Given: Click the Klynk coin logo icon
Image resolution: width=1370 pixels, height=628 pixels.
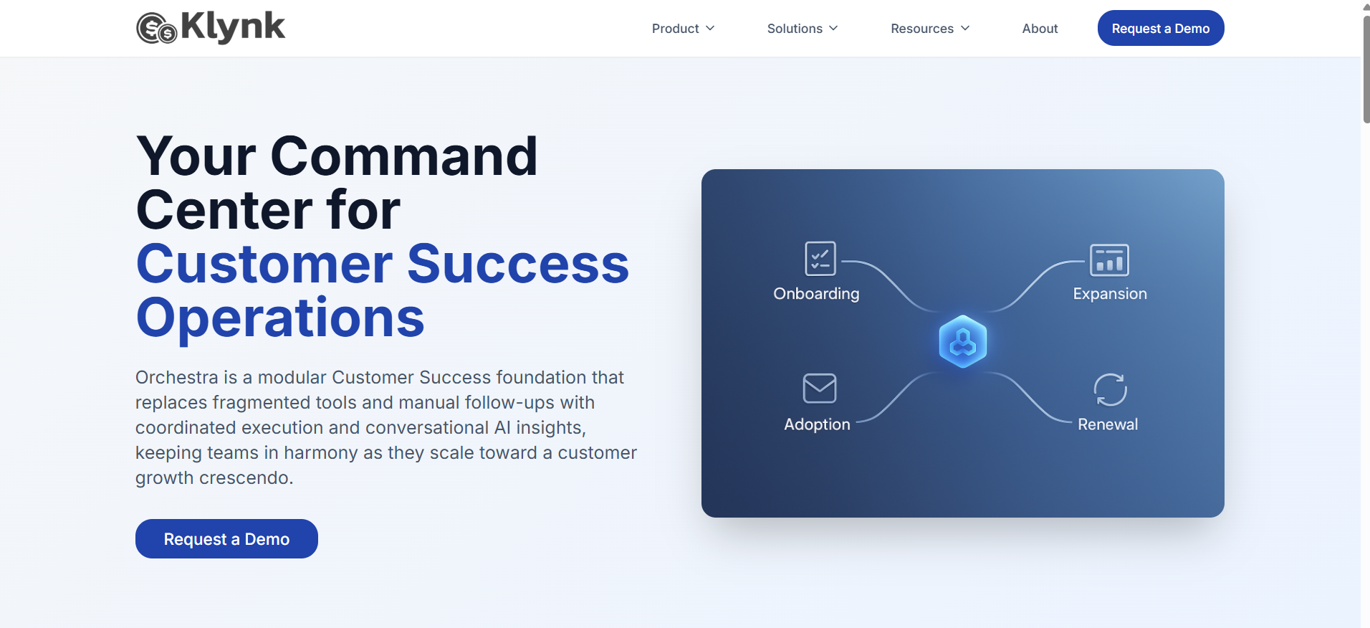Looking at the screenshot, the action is tap(157, 29).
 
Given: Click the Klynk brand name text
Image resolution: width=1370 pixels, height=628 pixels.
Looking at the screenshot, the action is tap(233, 27).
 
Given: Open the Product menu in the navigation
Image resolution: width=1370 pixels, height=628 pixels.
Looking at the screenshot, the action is tap(683, 29).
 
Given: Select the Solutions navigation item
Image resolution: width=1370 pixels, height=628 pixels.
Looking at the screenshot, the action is tap(803, 29).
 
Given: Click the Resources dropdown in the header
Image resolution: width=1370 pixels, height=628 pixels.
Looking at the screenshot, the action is tap(930, 29).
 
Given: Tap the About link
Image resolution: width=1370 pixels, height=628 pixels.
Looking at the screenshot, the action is tap(1040, 29).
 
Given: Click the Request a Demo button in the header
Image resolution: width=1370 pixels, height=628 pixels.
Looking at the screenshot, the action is tap(1161, 28).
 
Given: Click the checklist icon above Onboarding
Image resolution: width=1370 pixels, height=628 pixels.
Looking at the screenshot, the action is tap(820, 259).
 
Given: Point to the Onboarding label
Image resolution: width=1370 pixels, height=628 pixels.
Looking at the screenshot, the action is tap(816, 294).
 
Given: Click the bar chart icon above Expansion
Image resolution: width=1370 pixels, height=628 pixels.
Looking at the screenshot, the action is tap(1109, 260).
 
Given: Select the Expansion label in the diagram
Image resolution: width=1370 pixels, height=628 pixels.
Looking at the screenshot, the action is tap(1110, 294).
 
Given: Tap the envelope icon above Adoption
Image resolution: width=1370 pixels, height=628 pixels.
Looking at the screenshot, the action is tap(820, 389).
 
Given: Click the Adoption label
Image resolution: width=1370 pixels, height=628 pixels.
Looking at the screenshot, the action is tap(817, 424).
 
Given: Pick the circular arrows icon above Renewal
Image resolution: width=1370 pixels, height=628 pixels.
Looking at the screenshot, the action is tap(1110, 390).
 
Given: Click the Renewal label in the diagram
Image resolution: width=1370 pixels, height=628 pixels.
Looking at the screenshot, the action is tap(1108, 424).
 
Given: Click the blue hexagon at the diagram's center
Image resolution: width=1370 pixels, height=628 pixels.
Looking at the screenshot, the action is tap(963, 341).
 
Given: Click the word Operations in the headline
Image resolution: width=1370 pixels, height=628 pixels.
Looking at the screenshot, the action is tap(280, 318).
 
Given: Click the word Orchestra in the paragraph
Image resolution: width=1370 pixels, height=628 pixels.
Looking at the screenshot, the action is tap(177, 377).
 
